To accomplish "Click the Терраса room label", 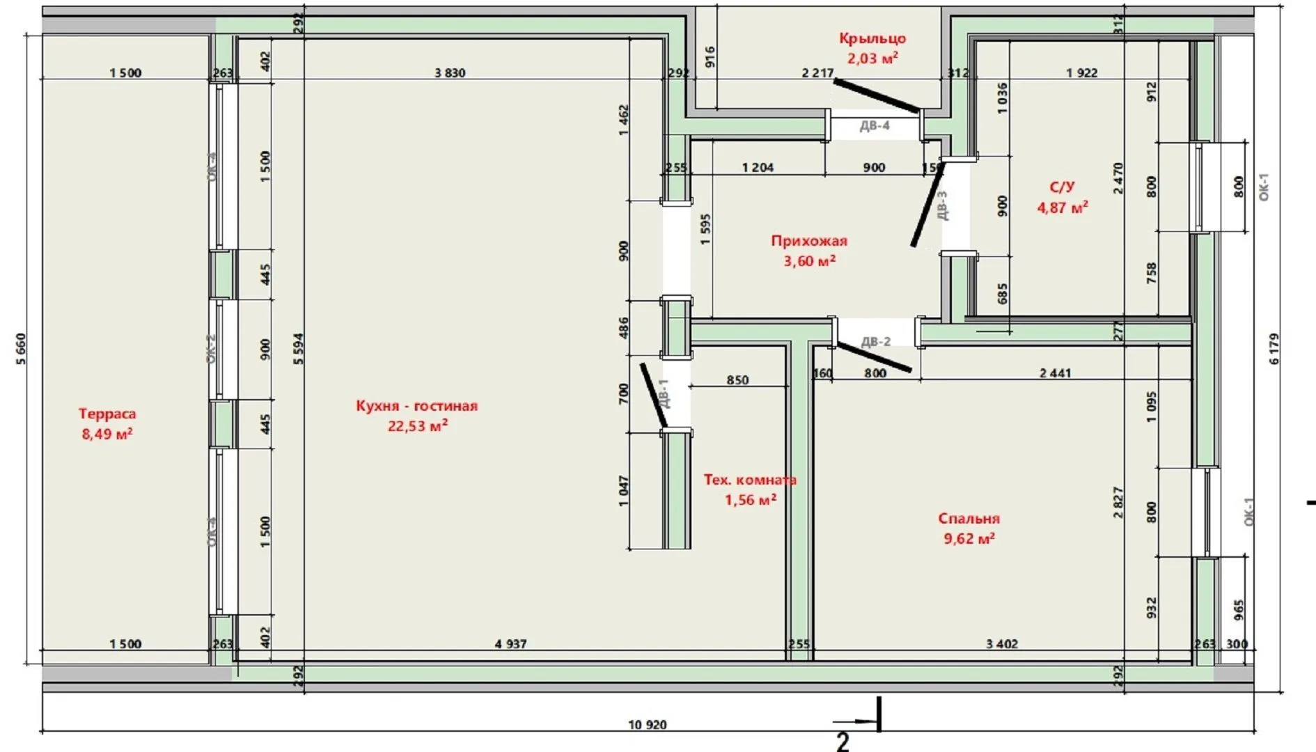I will point(107,414).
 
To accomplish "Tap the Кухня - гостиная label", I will point(416,406).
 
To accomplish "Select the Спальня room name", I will point(969,519).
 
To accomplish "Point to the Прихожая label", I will point(808,241).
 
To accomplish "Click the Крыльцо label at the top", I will point(872,38).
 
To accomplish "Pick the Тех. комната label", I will point(749,480).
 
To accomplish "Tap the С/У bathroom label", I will point(1062,187).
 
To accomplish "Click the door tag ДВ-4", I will point(875,126).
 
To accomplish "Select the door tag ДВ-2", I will point(876,341).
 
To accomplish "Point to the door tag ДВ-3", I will point(942,205).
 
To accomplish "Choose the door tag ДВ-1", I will point(664,393).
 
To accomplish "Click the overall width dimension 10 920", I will point(647,725).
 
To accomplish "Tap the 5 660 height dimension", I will point(21,349).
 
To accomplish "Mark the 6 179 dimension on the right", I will point(1274,349).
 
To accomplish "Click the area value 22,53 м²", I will point(417,426).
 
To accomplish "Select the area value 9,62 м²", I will point(969,539).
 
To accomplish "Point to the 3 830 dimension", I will point(450,72).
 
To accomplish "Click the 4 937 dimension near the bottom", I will point(510,644).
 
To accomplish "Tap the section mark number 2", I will point(843,742).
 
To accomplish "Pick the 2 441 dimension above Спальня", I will point(1055,373).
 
